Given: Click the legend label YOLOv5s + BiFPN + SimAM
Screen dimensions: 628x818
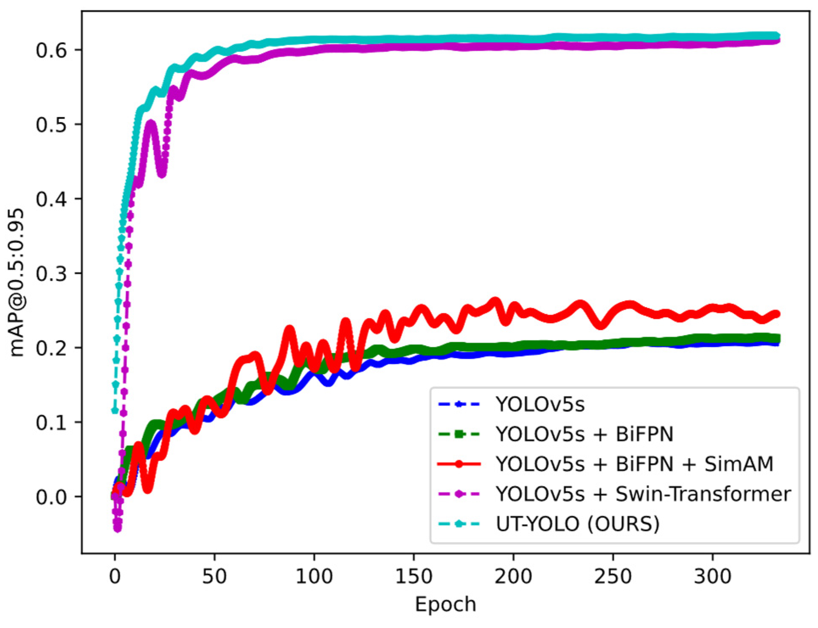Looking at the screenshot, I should click(x=634, y=464).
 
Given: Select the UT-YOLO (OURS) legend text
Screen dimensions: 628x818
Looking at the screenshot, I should click(x=577, y=524).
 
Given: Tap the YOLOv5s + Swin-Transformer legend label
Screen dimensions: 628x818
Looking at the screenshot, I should click(x=643, y=494).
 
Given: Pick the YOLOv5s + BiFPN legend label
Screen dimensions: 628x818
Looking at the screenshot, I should click(x=585, y=434).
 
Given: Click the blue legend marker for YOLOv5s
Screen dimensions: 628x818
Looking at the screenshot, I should click(x=458, y=404).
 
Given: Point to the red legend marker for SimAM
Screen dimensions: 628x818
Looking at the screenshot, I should click(x=458, y=464).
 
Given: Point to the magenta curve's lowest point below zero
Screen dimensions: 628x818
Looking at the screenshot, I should click(x=118, y=529).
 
